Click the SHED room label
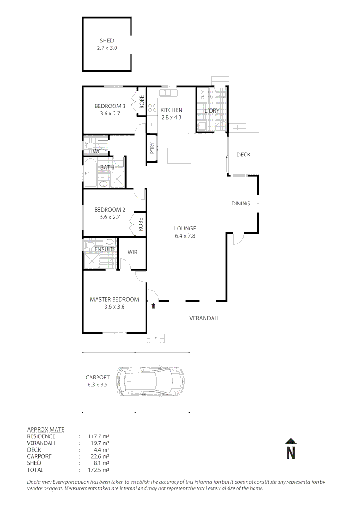(x=107, y=41)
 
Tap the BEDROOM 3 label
(x=110, y=106)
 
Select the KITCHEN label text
(x=171, y=110)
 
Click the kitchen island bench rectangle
(x=180, y=155)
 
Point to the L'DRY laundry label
(x=212, y=111)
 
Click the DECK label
(x=243, y=155)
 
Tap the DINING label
(x=240, y=204)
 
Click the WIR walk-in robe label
(x=132, y=253)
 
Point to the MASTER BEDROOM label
(x=115, y=299)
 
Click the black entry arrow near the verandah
(x=154, y=305)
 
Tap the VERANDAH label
(x=204, y=318)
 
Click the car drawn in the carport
(x=151, y=381)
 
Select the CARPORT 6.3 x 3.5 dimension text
(x=98, y=385)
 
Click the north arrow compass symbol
(x=291, y=449)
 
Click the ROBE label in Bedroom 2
(x=140, y=223)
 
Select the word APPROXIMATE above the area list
(x=46, y=429)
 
